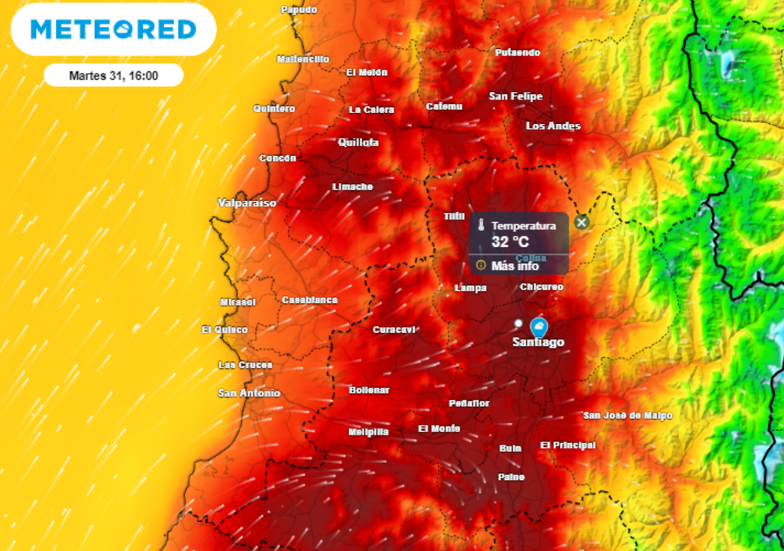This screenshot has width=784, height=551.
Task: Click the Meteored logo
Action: point(113,29)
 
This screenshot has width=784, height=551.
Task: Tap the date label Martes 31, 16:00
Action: point(113,76)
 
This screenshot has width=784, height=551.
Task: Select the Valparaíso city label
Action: point(247,203)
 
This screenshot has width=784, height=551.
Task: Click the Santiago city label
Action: point(538,342)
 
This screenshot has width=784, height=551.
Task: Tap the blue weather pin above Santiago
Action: point(539,327)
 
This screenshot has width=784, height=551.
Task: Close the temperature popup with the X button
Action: point(582,222)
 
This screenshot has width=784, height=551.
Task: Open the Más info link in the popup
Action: point(514,266)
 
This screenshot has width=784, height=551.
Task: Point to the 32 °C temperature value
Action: point(510,243)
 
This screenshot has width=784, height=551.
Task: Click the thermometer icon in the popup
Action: point(482,227)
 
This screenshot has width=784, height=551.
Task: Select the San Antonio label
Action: point(250,393)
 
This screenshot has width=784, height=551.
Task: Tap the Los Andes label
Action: point(553,126)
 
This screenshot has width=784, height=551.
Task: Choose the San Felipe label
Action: point(515,96)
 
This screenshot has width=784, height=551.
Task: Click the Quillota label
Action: point(358,142)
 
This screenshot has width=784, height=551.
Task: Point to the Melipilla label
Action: point(368,432)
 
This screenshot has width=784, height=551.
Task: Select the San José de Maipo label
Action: point(628,416)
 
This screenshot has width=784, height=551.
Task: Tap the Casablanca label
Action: point(309,300)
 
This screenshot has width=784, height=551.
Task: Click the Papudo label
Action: point(299,10)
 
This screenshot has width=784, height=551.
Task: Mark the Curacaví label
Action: point(394,330)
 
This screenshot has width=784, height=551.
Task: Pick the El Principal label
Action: point(567,445)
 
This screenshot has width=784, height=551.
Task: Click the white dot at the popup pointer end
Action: point(518,323)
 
